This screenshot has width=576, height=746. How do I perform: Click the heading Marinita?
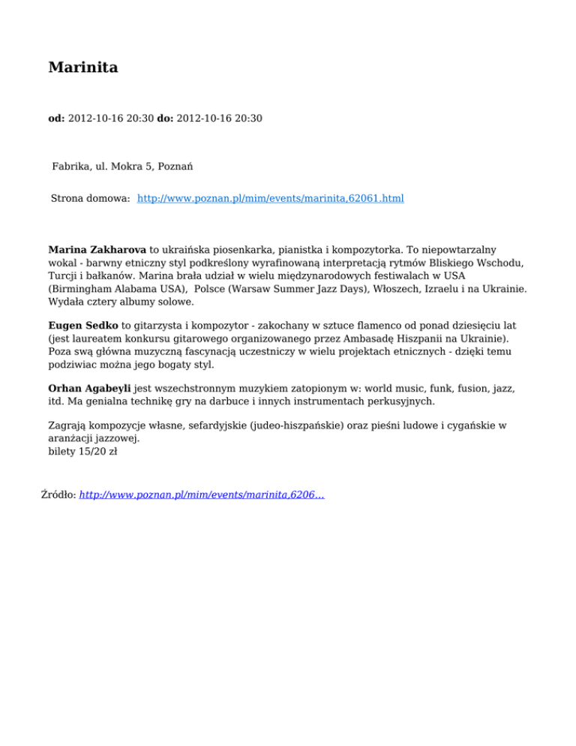82,68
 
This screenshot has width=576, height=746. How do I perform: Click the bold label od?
56,119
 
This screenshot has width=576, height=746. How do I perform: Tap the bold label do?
165,119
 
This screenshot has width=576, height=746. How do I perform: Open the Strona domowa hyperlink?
271,199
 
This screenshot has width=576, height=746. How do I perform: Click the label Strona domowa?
91,199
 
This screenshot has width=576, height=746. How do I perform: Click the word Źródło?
58,495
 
